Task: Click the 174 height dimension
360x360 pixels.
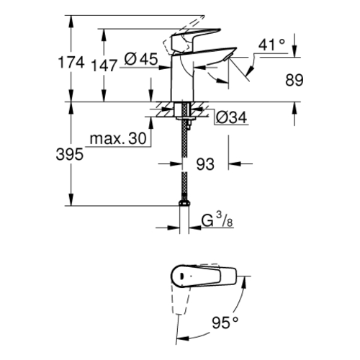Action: point(71,63)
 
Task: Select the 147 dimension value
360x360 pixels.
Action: point(104,66)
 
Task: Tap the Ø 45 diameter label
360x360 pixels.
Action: point(141,59)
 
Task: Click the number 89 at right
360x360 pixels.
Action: point(294,80)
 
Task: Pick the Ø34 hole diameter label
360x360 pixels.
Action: point(231,118)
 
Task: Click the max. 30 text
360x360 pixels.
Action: point(118,138)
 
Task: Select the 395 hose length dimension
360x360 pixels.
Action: point(70,154)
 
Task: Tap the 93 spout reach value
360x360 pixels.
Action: point(205,164)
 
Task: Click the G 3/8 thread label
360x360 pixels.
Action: point(217,220)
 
